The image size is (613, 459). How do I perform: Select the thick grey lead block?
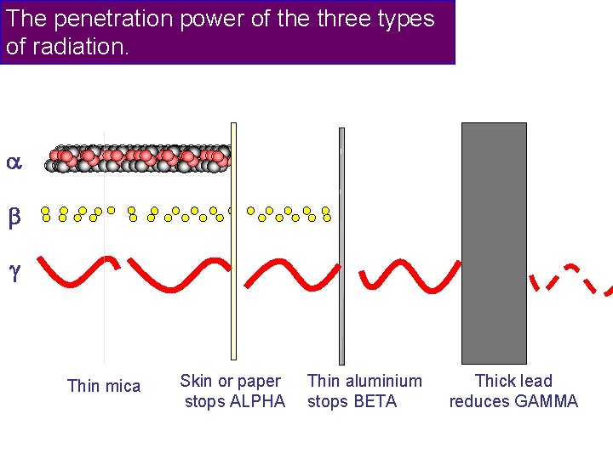(x=494, y=243)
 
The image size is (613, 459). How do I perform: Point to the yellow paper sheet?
(x=233, y=241)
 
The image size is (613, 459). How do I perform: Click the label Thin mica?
(x=103, y=386)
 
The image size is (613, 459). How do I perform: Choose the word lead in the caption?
(x=536, y=381)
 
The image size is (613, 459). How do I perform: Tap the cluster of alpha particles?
(x=140, y=158)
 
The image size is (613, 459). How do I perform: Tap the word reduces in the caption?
(x=480, y=401)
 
